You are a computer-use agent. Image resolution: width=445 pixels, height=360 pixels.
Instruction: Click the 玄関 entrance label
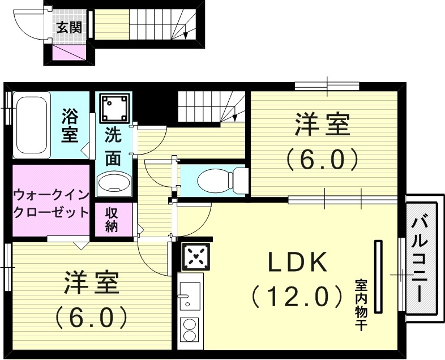pos(68,27)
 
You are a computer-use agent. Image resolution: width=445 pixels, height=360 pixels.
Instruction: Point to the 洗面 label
pos(113,147)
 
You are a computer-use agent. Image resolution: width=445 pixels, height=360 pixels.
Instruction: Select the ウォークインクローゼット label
pos(51,204)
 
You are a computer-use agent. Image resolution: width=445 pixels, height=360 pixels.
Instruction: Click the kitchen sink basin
pos(189,295)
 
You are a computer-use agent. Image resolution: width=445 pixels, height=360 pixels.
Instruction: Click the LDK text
pos(297,262)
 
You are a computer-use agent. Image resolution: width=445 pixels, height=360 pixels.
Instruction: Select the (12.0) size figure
pos(297,295)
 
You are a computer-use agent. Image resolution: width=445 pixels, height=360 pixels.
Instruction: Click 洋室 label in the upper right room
pos(321,125)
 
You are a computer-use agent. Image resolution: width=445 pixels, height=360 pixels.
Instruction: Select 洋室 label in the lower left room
pos(91,282)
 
